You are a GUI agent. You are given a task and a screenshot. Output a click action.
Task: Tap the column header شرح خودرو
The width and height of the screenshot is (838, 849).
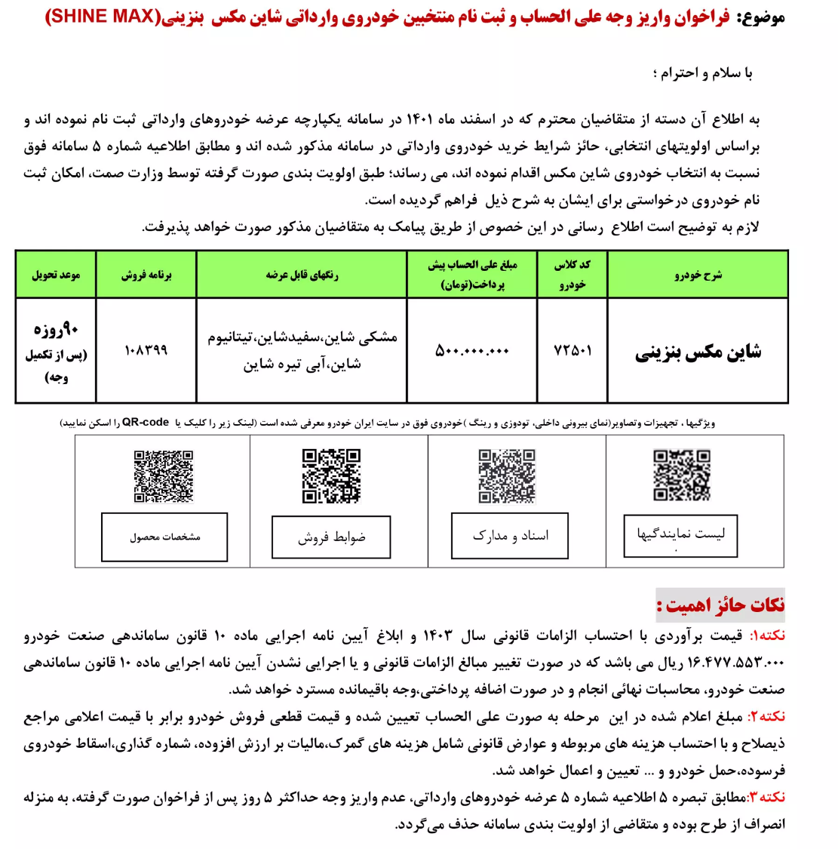tap(698, 275)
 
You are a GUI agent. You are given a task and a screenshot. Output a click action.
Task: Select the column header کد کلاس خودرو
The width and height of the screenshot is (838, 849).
tap(572, 274)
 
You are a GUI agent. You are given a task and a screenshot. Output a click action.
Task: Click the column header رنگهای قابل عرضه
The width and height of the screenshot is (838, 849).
tap(302, 275)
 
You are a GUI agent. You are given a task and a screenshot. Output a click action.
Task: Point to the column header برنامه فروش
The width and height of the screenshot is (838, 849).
tap(146, 275)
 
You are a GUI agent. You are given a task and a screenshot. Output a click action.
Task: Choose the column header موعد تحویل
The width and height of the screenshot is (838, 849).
tap(56, 275)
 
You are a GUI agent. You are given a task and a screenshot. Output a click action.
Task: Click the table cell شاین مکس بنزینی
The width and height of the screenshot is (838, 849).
tap(698, 352)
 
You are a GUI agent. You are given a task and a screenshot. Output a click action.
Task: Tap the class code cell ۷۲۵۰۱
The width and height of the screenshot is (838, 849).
tap(572, 351)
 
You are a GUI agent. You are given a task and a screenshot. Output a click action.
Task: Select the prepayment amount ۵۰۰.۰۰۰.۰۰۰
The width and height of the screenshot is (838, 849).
tap(472, 351)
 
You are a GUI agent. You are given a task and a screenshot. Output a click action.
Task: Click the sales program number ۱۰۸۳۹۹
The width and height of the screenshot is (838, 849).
tap(146, 351)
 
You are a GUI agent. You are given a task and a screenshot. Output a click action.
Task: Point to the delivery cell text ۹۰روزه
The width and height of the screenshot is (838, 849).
tap(56, 330)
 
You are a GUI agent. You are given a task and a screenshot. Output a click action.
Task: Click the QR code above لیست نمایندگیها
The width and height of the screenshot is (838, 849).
tap(682, 475)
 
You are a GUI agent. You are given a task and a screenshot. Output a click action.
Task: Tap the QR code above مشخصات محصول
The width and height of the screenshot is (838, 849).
tap(164, 476)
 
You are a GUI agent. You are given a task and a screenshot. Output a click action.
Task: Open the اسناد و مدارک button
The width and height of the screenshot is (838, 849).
tap(510, 536)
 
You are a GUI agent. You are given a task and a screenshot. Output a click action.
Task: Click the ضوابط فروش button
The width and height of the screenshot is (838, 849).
tap(331, 537)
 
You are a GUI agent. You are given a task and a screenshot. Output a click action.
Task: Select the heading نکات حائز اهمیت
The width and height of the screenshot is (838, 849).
tap(720, 605)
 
